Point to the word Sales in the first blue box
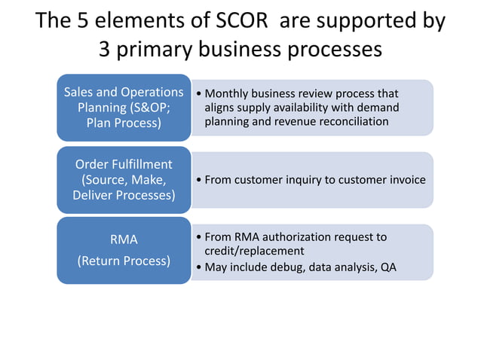78,92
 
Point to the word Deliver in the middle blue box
94,196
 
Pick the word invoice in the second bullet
407,180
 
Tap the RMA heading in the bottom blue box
124,239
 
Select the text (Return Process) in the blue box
124,261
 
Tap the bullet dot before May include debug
198,267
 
